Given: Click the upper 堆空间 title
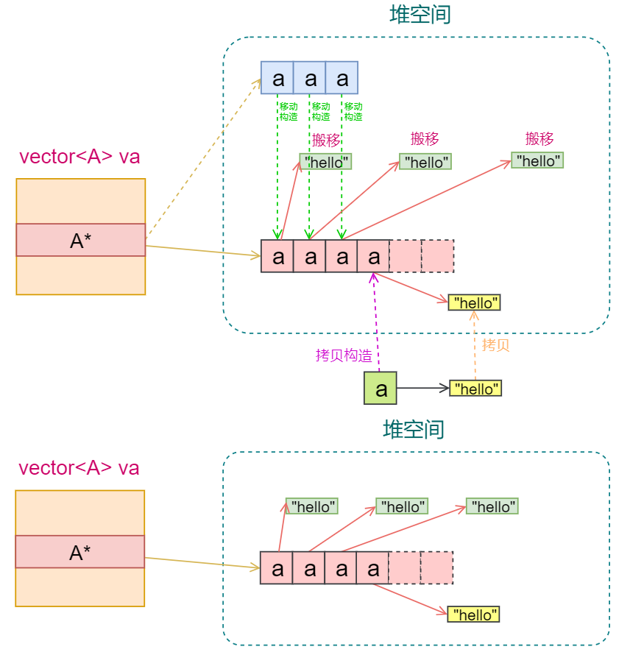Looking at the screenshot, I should coord(420,15).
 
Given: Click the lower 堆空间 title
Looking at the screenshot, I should coord(414,429).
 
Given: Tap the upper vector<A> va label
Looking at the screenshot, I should coord(79,156).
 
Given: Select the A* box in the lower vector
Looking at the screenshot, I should coord(80,552).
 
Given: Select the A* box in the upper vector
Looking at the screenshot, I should coord(81,240).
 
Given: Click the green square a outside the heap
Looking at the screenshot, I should coord(381,389).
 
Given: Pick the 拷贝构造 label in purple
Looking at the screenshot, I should coord(344,355).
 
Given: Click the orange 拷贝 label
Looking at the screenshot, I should coord(495,345).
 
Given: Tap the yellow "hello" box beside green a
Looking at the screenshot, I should coord(475,389).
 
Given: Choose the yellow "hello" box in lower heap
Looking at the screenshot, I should coord(473,614).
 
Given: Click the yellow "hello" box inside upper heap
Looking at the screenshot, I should coord(475,302).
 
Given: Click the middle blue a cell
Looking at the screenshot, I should coord(310,77).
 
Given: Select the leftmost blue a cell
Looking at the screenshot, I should coord(277,77).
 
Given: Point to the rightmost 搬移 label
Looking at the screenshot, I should coord(539,138).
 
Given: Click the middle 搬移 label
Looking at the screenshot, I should coord(425,138).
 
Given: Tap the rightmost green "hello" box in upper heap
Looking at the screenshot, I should coord(537,160).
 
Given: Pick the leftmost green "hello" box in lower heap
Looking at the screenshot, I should coord(312,506).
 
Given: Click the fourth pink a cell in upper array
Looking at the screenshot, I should coord(374,256).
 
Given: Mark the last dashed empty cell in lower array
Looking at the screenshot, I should coord(437,568).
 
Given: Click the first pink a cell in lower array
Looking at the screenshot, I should coord(277,568).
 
